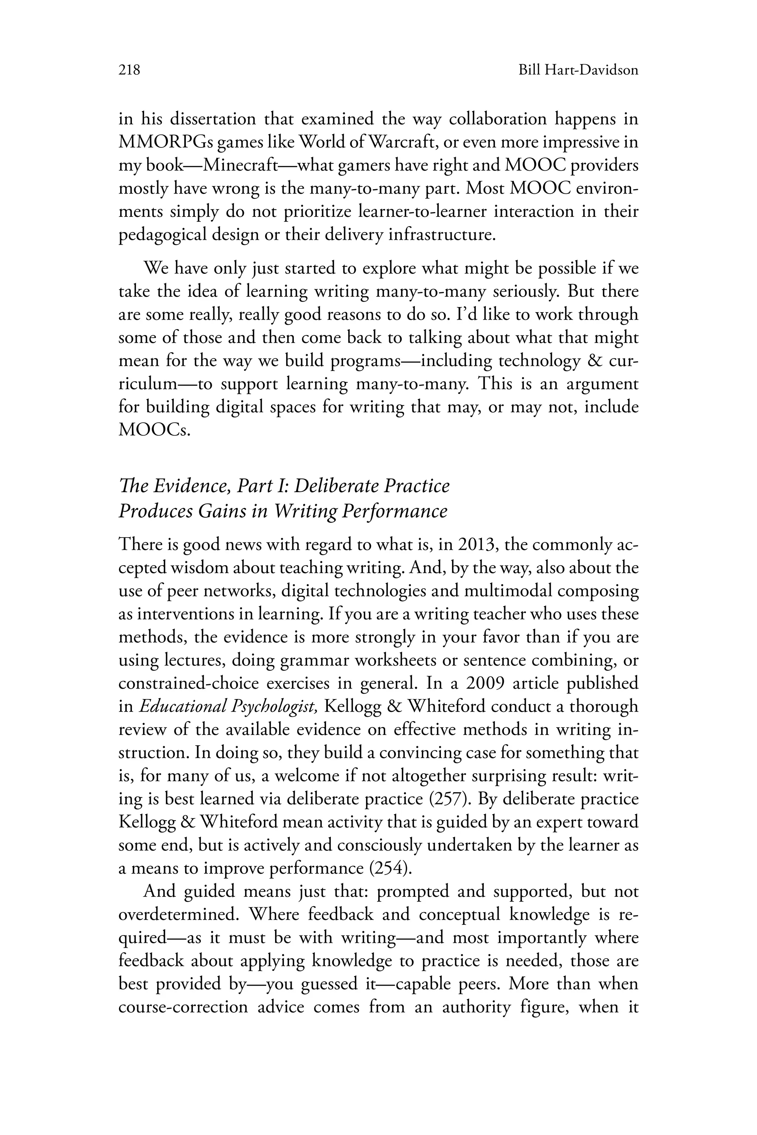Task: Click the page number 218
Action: point(129,71)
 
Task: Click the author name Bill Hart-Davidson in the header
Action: point(578,71)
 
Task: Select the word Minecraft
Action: point(240,166)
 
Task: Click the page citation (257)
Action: point(451,800)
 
